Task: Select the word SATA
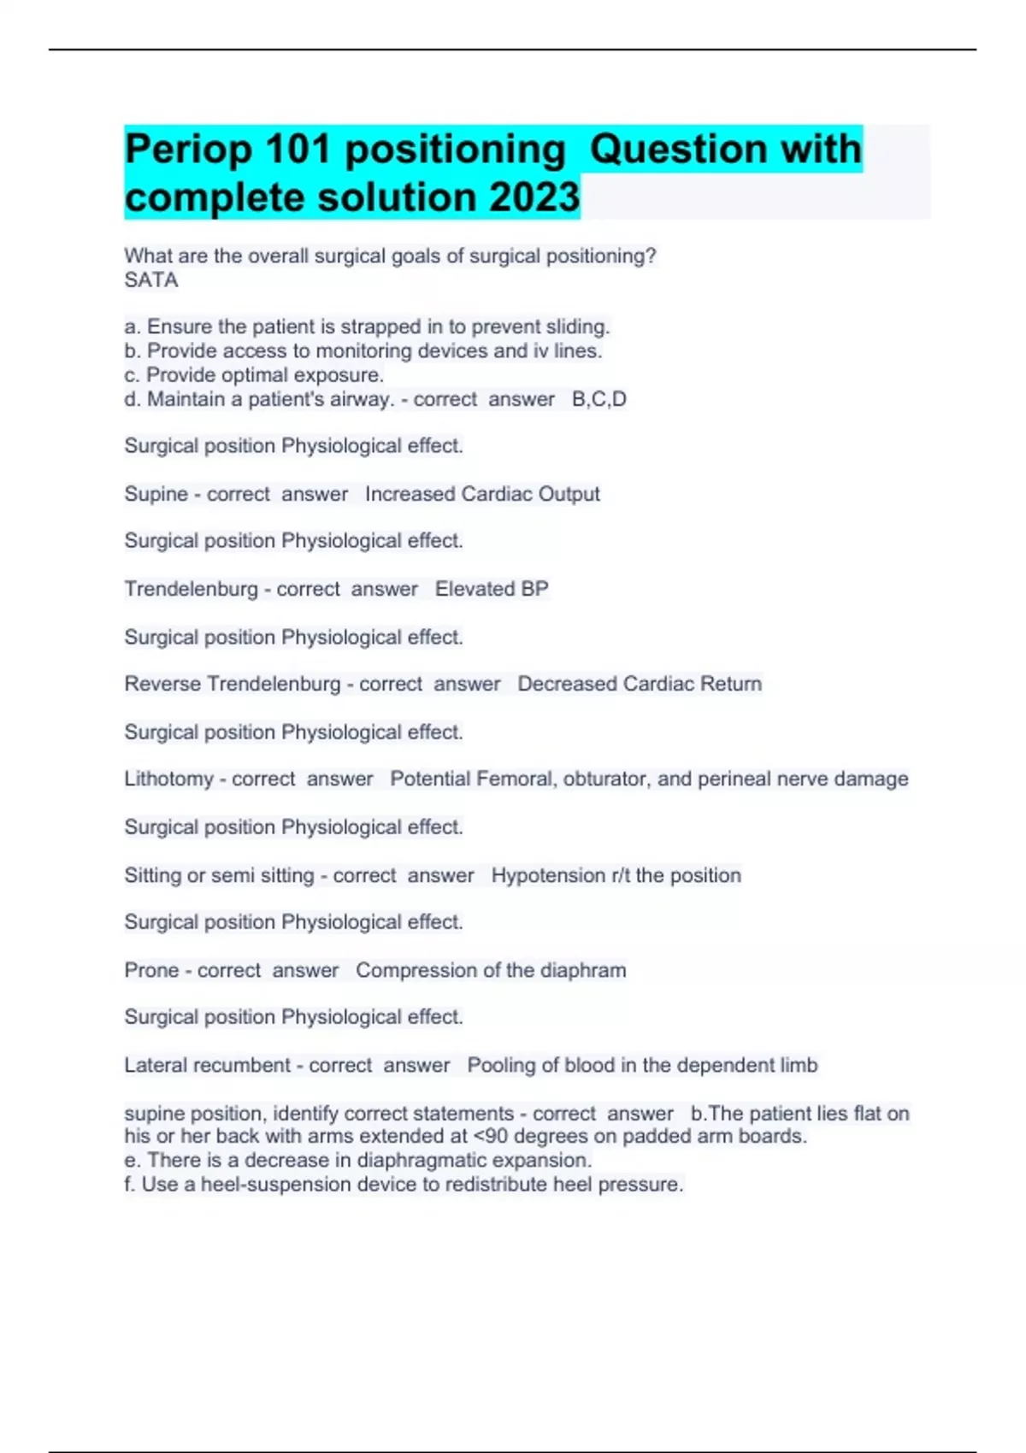(x=151, y=280)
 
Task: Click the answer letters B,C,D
(x=598, y=399)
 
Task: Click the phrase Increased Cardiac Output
(x=482, y=494)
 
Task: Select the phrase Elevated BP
(x=492, y=589)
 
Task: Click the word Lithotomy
(x=168, y=779)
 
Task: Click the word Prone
(x=151, y=970)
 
